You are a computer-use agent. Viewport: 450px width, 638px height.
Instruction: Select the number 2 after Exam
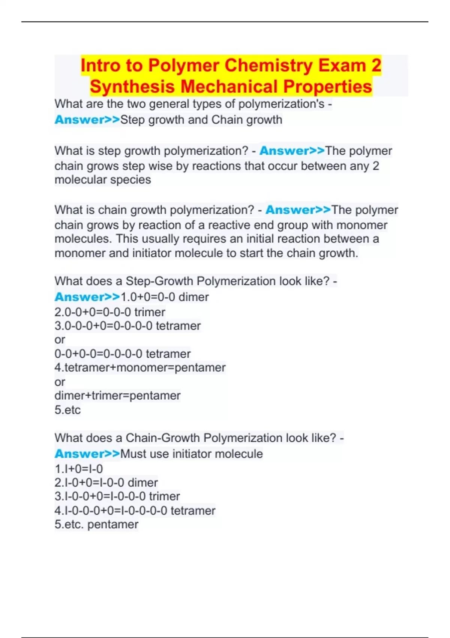pyautogui.click(x=376, y=65)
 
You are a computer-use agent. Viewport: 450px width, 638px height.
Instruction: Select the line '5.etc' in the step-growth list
pyautogui.click(x=67, y=410)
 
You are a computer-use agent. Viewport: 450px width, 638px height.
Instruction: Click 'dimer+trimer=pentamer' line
pyautogui.click(x=117, y=396)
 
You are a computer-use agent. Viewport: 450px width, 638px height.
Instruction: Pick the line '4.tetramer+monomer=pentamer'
pyautogui.click(x=140, y=367)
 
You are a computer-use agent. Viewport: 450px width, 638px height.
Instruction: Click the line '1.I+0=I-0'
pyautogui.click(x=79, y=469)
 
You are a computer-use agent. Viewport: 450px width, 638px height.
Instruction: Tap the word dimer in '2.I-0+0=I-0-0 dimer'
pyautogui.click(x=143, y=483)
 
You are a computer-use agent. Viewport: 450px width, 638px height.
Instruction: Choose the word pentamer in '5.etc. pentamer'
pyautogui.click(x=113, y=524)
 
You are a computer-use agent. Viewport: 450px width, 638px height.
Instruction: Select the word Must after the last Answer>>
pyautogui.click(x=133, y=454)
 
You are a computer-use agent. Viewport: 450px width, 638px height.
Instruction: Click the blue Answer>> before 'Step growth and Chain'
pyautogui.click(x=87, y=120)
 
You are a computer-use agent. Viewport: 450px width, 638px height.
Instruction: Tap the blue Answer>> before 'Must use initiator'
pyautogui.click(x=87, y=454)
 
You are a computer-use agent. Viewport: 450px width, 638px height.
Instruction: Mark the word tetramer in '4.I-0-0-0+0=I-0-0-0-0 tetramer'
pyautogui.click(x=193, y=511)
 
